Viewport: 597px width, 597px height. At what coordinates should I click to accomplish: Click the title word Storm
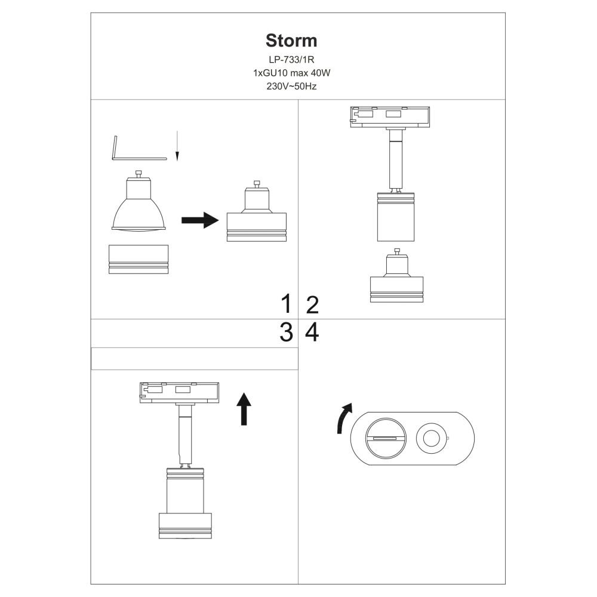coord(291,41)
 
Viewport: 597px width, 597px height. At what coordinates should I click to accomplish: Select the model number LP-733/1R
coord(291,60)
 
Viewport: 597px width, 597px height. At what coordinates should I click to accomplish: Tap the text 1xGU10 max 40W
coord(291,73)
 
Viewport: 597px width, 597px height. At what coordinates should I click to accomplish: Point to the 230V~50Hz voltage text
coord(291,86)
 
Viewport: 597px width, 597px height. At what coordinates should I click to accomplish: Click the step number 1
coord(287,304)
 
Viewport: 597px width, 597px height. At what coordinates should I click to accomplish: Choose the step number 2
coord(312,304)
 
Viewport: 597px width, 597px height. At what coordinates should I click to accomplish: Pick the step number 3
coord(287,333)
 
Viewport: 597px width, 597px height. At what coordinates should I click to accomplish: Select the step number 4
coord(312,333)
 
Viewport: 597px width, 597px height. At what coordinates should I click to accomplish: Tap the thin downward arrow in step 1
coord(177,147)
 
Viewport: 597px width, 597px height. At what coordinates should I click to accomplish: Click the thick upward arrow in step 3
coord(244,409)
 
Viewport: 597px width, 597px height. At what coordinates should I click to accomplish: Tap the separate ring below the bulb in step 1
coord(139,259)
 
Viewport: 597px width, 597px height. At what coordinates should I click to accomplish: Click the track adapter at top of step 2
coord(389,116)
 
